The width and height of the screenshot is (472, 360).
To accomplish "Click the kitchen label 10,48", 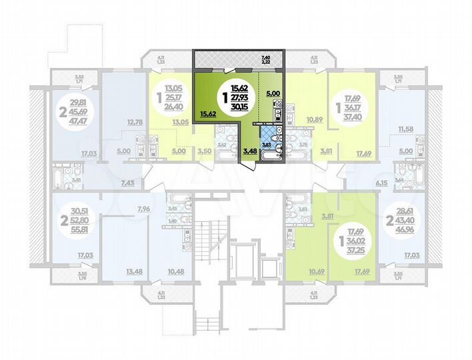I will click(176, 271).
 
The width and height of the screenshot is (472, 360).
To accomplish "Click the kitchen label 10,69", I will click(316, 271).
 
